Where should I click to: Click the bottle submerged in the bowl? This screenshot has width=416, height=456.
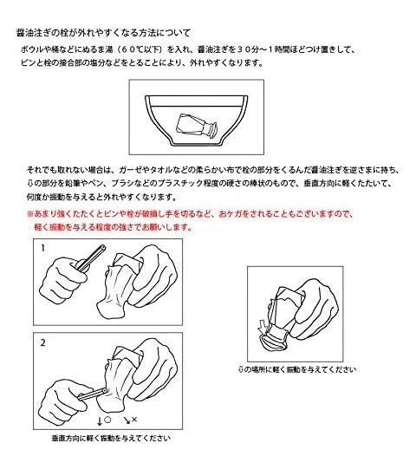point(196,127)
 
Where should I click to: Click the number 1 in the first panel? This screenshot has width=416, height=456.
point(43,248)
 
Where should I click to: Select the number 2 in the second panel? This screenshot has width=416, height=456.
point(43,342)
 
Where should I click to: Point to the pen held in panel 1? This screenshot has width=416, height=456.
point(91,257)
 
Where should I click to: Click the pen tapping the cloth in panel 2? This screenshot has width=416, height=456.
point(92,394)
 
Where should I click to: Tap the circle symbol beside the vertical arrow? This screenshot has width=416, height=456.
point(107,420)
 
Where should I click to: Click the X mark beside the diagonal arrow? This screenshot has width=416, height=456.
point(134,419)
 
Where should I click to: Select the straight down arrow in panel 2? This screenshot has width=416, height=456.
point(100,420)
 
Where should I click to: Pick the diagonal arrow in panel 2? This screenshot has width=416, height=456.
point(127,420)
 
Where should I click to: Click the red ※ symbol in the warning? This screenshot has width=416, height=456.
point(30,214)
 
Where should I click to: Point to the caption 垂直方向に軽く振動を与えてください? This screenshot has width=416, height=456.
point(111,438)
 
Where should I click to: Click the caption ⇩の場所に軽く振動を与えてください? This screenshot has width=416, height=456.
point(296,369)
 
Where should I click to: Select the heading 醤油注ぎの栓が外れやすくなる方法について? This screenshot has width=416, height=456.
point(103,33)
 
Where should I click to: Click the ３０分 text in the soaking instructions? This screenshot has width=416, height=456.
point(248,49)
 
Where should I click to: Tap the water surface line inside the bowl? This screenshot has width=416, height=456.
point(197,106)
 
